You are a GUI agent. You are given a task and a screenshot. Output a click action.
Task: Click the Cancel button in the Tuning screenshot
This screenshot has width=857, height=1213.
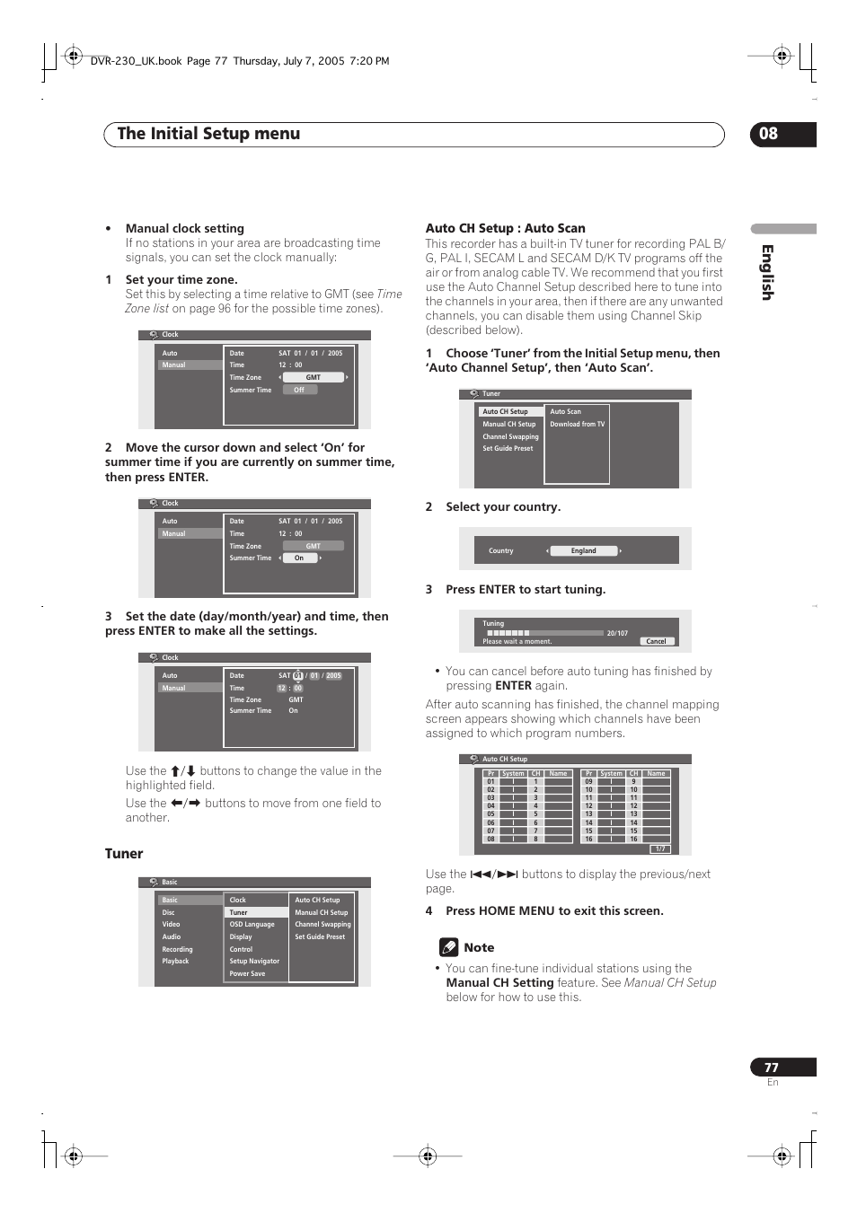657,641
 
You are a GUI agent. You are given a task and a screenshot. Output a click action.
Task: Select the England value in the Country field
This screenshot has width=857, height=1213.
584,550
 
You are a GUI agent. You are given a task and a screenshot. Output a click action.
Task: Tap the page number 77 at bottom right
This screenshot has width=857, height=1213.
772,1068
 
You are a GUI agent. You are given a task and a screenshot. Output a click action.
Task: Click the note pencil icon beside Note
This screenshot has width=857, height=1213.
448,947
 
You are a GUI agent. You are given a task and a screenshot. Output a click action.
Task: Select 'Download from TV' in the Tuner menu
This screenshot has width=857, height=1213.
577,424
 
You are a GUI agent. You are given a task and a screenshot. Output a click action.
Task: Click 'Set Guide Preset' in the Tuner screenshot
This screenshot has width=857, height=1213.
508,448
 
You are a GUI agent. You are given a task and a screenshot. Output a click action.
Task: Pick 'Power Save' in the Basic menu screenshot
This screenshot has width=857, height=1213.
247,973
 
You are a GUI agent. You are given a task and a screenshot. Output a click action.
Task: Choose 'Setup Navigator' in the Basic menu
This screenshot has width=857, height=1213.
254,961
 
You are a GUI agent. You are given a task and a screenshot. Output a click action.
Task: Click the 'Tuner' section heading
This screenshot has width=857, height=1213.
124,854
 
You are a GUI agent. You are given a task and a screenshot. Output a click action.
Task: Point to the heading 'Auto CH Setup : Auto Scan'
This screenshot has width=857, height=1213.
505,228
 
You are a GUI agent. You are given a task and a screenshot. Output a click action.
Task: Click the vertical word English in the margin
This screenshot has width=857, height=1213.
767,272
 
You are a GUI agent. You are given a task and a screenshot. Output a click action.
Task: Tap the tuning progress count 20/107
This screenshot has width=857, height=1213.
617,633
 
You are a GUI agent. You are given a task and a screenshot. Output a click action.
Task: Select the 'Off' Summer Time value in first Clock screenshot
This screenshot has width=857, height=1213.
299,390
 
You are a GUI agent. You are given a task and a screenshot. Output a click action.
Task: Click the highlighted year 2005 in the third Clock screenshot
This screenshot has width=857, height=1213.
333,675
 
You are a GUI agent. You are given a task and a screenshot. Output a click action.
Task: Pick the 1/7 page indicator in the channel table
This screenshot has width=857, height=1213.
659,848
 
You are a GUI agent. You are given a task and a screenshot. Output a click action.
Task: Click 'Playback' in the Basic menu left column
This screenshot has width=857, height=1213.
175,961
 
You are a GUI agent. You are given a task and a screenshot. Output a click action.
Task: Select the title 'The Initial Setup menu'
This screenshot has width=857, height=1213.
208,134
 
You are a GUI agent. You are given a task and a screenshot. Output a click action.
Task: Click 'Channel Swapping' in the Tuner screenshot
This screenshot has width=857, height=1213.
510,436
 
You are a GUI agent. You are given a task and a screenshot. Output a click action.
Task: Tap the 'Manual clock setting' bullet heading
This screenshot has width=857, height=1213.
184,228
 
